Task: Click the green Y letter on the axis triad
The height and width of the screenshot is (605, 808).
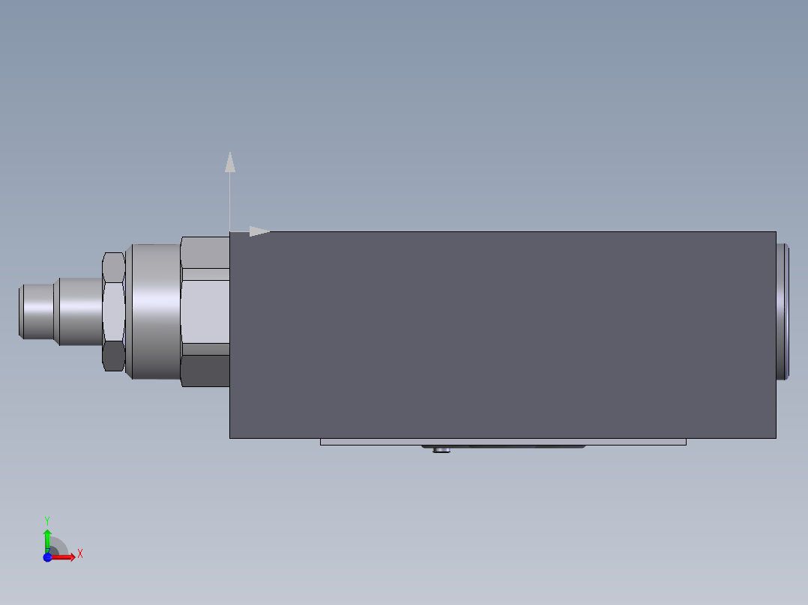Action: (x=47, y=520)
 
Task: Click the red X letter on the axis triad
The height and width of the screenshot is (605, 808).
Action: (x=80, y=554)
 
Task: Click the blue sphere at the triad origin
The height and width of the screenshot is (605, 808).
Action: (x=47, y=556)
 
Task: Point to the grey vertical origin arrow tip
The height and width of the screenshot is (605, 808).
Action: (x=230, y=162)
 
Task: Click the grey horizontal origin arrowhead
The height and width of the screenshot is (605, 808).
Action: (x=259, y=231)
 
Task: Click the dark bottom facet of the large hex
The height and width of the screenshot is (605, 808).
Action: (x=205, y=371)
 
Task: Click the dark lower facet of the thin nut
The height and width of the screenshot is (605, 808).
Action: (x=113, y=356)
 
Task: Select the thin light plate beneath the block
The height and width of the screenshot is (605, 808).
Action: (x=502, y=442)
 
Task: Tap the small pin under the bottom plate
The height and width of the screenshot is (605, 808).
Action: (x=444, y=450)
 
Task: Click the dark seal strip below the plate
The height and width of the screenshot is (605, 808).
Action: (x=525, y=447)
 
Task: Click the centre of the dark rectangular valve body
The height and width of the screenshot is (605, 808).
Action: (x=502, y=335)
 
